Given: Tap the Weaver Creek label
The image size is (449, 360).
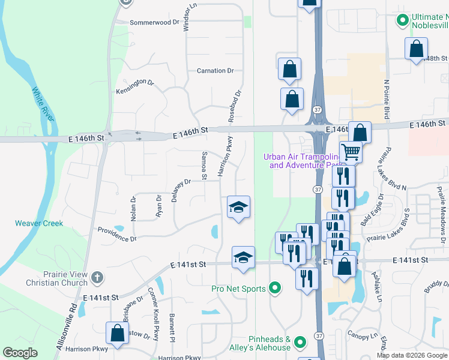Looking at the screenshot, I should (x=39, y=223).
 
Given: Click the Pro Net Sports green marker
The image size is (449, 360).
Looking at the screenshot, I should (x=276, y=289).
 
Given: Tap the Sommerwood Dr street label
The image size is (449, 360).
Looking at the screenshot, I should (x=155, y=22).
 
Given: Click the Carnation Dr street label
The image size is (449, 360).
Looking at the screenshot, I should (x=215, y=71).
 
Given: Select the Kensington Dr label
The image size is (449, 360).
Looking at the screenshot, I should (x=135, y=87).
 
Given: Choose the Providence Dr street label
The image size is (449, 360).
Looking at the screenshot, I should (x=117, y=234).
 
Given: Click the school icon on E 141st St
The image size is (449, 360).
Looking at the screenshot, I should (x=243, y=257).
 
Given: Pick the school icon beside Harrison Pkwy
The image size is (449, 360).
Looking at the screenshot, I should (x=238, y=207).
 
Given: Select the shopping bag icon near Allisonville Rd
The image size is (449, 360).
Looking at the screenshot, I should (x=117, y=333).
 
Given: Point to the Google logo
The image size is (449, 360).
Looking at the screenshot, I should (x=20, y=353).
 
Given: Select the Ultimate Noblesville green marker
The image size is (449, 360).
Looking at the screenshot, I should (x=403, y=21).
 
